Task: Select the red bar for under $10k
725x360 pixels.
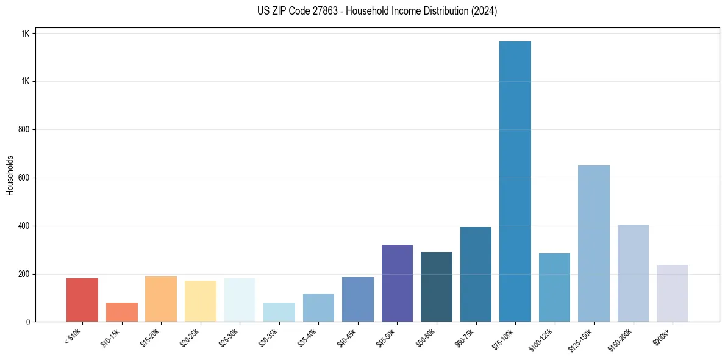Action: (x=82, y=300)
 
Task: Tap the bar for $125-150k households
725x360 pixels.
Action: (x=593, y=243)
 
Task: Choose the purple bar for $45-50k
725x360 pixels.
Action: (x=397, y=283)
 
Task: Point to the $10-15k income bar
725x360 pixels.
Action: (x=122, y=312)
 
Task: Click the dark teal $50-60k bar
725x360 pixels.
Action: (x=437, y=287)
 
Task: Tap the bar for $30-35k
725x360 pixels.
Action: (x=279, y=312)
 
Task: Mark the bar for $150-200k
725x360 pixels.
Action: (x=633, y=273)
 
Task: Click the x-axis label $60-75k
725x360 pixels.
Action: (x=466, y=337)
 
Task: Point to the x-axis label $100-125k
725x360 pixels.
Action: (x=543, y=339)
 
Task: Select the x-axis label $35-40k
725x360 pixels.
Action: (x=309, y=337)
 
